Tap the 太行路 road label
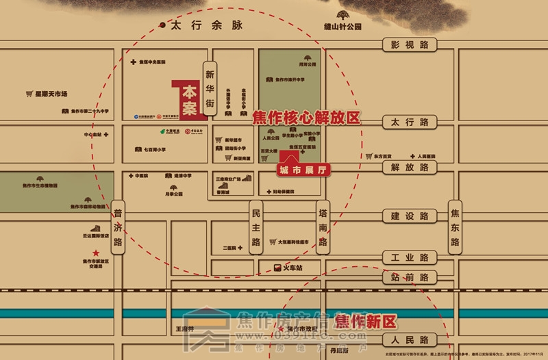point(410,123)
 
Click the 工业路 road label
point(410,258)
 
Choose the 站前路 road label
point(410,277)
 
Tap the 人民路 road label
point(410,339)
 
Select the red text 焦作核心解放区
point(306,118)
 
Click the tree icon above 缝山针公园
point(342,14)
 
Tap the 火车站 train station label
point(292,267)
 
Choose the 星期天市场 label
point(47,93)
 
